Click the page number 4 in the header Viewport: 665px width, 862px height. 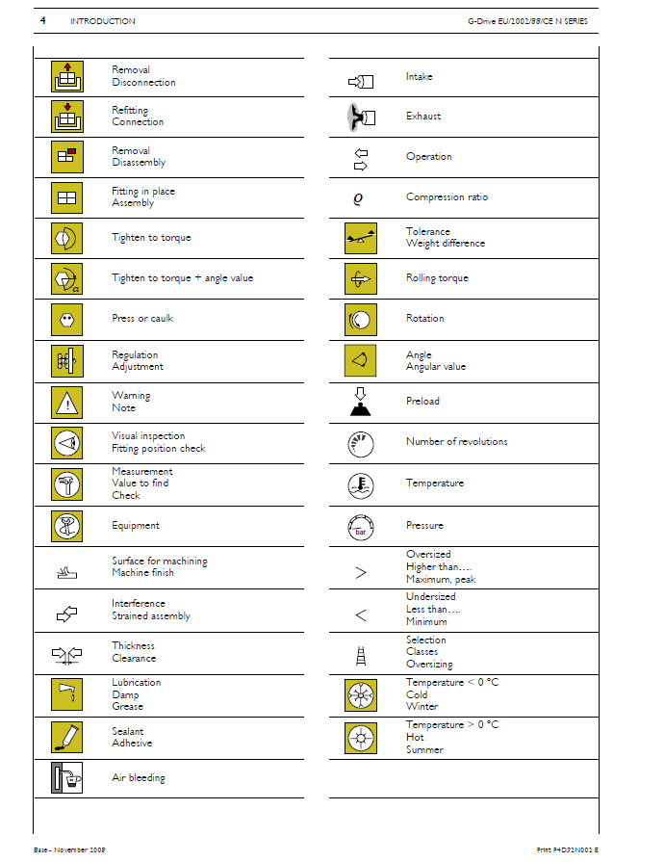coord(43,20)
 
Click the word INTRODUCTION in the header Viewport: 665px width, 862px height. coord(103,21)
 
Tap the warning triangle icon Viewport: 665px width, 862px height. coord(67,402)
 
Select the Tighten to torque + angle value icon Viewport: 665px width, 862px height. coord(67,278)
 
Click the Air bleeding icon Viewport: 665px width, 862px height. coord(67,777)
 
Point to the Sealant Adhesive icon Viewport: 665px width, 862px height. coord(67,737)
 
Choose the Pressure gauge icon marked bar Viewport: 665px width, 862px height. coord(361,526)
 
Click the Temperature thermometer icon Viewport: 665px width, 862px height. coord(361,483)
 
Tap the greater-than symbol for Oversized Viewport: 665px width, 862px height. coord(361,573)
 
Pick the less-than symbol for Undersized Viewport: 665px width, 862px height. coord(361,615)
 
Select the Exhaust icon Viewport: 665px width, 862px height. coord(360,117)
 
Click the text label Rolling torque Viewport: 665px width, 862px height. coord(437,278)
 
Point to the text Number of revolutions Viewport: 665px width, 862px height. coord(456,442)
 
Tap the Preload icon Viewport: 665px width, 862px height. coord(361,401)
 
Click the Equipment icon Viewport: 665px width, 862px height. coord(67,526)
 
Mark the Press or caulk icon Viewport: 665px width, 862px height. coord(67,319)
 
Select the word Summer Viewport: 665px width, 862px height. coord(424,749)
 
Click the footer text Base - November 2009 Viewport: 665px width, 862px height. coord(69,849)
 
